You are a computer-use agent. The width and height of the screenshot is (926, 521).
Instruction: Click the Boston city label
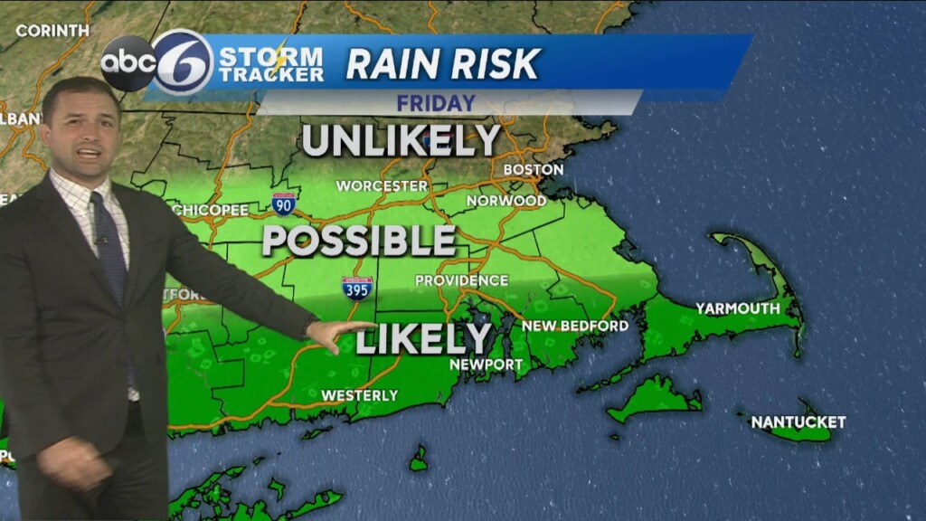533,169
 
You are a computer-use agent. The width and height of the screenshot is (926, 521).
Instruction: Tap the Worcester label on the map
382,185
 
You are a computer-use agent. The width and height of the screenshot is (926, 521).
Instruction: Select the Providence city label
461,280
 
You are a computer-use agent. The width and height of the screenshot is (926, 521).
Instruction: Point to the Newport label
487,365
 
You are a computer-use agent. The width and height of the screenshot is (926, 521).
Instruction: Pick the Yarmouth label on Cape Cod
737,308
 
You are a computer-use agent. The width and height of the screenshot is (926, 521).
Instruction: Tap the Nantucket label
798,422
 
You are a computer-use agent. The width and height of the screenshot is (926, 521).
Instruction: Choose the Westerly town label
359,395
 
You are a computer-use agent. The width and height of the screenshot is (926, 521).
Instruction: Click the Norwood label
506,200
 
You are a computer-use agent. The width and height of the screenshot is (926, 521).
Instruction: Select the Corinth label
52,30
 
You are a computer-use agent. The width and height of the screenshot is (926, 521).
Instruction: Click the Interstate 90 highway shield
283,204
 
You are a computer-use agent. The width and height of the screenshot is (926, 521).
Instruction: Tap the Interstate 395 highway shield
357,289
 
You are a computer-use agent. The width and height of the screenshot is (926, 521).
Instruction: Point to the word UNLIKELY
401,140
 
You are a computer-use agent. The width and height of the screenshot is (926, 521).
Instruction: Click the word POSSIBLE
359,241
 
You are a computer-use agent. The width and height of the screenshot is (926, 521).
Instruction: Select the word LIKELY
423,338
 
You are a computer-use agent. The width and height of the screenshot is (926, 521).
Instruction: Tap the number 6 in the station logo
183,62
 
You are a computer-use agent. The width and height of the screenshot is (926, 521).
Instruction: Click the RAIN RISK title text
443,63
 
